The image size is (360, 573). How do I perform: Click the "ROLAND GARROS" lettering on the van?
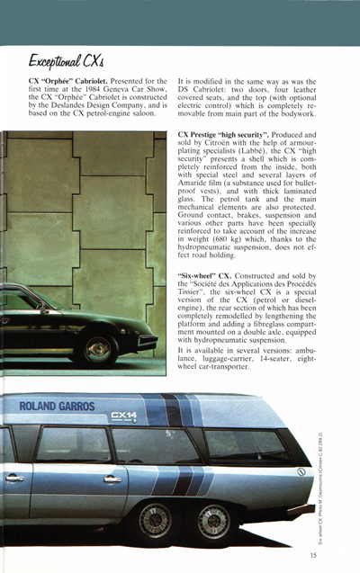coord(57,407)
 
